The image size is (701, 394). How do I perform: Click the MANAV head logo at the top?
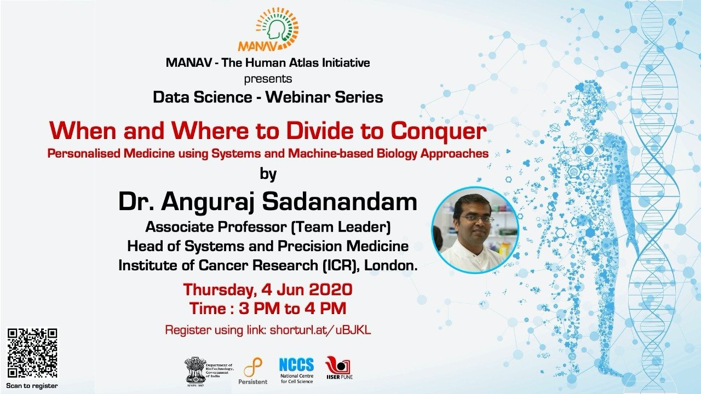pyautogui.click(x=268, y=29)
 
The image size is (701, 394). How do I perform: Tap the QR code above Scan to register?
pyautogui.click(x=32, y=353)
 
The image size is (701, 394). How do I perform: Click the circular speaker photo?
pyautogui.click(x=475, y=230)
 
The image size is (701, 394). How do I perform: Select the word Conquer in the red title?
pyautogui.click(x=438, y=131)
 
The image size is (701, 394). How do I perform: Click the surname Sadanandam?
pyautogui.click(x=340, y=202)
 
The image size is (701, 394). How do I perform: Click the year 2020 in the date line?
pyautogui.click(x=331, y=289)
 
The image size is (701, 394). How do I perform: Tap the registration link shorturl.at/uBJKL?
pyautogui.click(x=320, y=330)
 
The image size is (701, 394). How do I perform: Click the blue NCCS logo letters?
pyautogui.click(x=296, y=364)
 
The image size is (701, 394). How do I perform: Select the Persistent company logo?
pyautogui.click(x=253, y=371)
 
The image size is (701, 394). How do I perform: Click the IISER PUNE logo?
pyautogui.click(x=339, y=368)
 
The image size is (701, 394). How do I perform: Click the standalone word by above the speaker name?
pyautogui.click(x=268, y=174)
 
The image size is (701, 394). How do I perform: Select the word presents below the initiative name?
pyautogui.click(x=268, y=79)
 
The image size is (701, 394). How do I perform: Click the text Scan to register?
pyautogui.click(x=32, y=386)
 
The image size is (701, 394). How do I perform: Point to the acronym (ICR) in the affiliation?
pyautogui.click(x=339, y=265)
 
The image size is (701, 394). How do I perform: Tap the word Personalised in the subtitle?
pyautogui.click(x=84, y=154)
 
